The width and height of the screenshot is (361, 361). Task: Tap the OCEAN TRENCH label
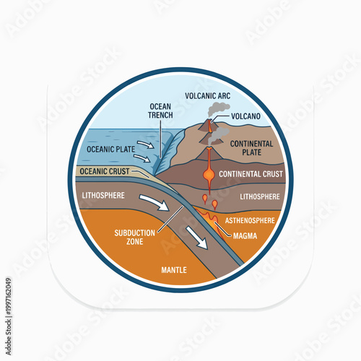pos(160,110)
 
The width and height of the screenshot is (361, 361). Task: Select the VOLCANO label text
pos(247,116)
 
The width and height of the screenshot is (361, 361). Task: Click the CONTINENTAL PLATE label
pos(251,148)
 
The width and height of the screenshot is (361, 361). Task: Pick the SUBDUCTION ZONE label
pos(134,237)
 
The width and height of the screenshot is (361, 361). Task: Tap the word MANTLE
pos(174,270)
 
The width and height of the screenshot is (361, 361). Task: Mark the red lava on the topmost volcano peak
pos(210,124)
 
